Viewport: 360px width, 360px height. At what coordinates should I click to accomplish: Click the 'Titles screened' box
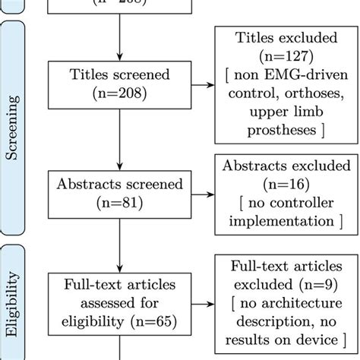(119, 84)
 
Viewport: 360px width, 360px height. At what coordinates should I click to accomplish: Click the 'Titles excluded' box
(282, 84)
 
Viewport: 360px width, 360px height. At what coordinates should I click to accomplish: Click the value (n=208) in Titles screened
(119, 94)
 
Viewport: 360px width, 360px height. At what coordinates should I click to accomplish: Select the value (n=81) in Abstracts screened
(119, 203)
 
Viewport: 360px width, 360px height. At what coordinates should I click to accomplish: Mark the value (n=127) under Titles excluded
(282, 57)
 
